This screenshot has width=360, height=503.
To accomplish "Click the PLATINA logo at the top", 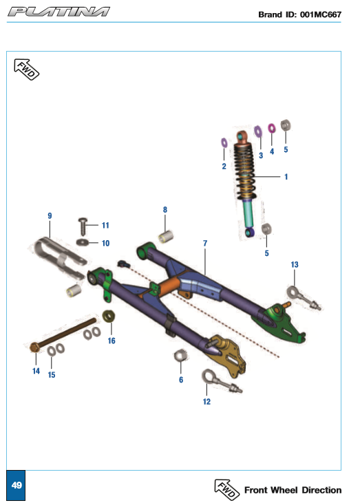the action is click(x=59, y=12).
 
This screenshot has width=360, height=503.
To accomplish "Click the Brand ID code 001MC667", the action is click(x=321, y=14).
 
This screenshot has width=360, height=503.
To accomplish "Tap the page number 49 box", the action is click(x=16, y=485).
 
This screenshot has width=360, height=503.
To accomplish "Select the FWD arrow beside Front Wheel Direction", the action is click(x=227, y=489).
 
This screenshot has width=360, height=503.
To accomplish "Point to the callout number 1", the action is click(x=286, y=176).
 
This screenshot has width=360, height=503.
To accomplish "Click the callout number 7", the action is click(x=205, y=243).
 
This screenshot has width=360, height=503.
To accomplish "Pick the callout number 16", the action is click(x=112, y=341).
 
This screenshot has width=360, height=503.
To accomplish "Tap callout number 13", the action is click(x=295, y=264).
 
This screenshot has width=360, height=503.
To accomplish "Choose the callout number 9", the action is click(x=50, y=215).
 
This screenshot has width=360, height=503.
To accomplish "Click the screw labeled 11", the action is click(x=83, y=226).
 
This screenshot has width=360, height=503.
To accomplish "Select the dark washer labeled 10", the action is click(x=83, y=242).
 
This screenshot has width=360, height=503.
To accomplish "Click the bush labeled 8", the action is click(x=166, y=237).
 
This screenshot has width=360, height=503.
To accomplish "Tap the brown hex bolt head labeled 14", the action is click(x=34, y=347).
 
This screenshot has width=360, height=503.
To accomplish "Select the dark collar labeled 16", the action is click(x=109, y=317).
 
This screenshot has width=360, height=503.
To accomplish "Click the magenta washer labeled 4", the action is click(x=271, y=128).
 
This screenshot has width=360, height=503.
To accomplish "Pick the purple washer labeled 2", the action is click(x=224, y=142).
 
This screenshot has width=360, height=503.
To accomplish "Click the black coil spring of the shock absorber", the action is click(x=244, y=171).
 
